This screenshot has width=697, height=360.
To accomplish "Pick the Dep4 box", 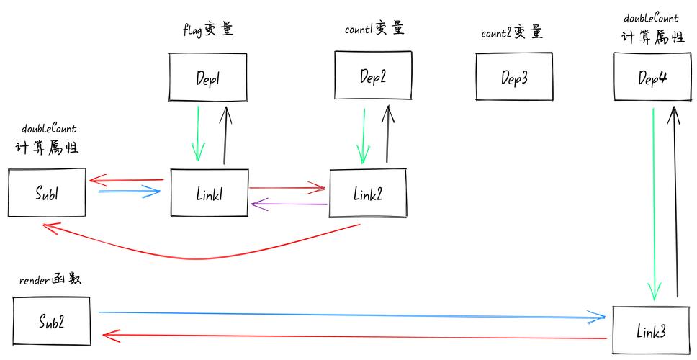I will pos(652,78).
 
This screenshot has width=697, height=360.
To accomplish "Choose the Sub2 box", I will pos(52,322).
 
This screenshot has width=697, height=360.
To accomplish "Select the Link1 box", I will pos(209,193).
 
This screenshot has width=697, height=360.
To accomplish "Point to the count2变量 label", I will pos(511,33).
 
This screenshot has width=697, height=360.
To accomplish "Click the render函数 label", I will pos(49,280).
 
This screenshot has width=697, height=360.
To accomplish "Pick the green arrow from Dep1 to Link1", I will pos(197,133).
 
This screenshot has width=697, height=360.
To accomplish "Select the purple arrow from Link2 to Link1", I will pos(288,205).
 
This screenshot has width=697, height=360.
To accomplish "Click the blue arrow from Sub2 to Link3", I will pos(353,315).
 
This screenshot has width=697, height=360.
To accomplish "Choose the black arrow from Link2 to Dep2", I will pos(389,133).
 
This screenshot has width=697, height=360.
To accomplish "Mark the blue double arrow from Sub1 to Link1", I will pos(128,192).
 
